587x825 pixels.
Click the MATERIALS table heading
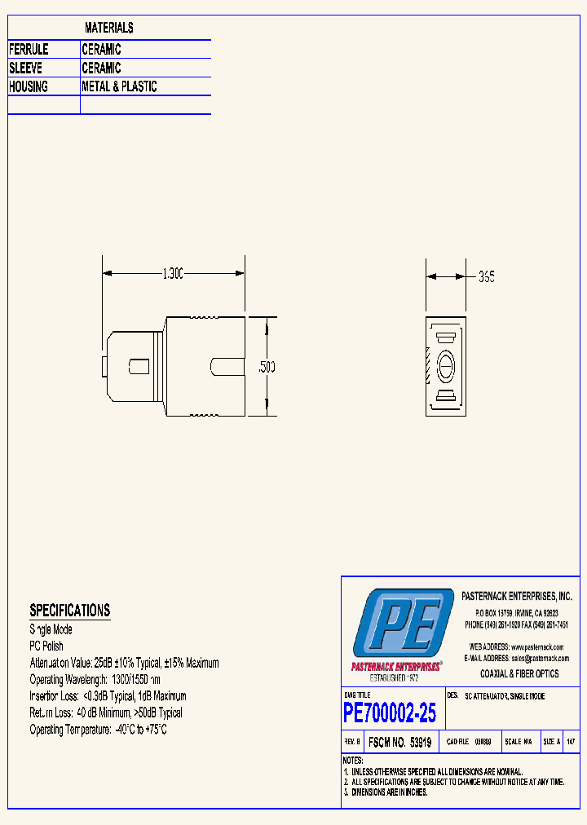click(x=109, y=29)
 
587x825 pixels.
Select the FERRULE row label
click(x=29, y=50)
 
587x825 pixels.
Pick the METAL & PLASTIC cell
click(x=119, y=86)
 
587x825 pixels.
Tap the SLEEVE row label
click(x=26, y=68)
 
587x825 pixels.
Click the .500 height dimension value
click(x=267, y=368)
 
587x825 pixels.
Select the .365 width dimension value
click(x=486, y=277)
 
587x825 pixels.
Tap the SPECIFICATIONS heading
click(x=69, y=611)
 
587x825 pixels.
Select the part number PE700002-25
click(x=390, y=713)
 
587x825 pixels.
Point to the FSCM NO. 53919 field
click(x=399, y=743)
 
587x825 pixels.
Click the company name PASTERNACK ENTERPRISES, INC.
click(x=517, y=597)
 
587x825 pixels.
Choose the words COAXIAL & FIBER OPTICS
click(x=519, y=674)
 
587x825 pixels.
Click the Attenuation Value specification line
click(x=124, y=664)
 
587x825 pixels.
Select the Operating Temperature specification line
click(x=98, y=730)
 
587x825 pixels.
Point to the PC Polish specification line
click(x=46, y=646)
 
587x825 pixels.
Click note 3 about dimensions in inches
click(x=386, y=792)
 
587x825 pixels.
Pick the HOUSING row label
click(x=29, y=86)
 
